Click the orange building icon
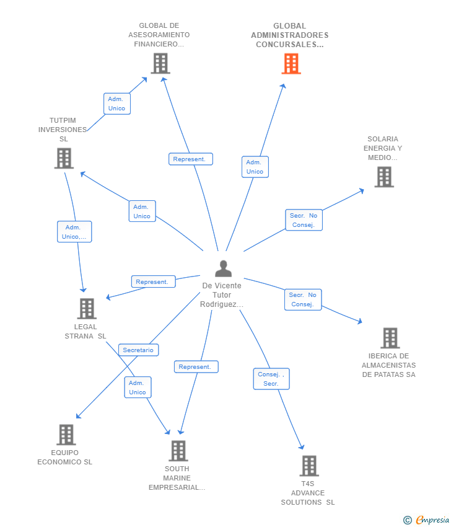291,63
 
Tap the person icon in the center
223,268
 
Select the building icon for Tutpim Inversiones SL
64,158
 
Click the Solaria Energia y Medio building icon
384,177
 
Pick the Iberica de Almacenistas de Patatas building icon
390,338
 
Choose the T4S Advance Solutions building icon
309,466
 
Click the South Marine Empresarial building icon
178,451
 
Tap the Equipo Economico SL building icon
66,435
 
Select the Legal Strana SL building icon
87,308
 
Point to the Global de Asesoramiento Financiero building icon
160,63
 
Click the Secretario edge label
138,350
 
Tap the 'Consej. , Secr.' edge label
271,379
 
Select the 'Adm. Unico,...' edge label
74,232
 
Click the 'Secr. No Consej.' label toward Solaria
304,220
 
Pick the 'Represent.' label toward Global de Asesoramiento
190,159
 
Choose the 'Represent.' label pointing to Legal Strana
152,282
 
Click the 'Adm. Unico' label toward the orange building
255,167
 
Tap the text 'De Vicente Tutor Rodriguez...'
222,295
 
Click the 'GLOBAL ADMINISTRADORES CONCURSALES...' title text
289,35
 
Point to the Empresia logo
427,520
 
